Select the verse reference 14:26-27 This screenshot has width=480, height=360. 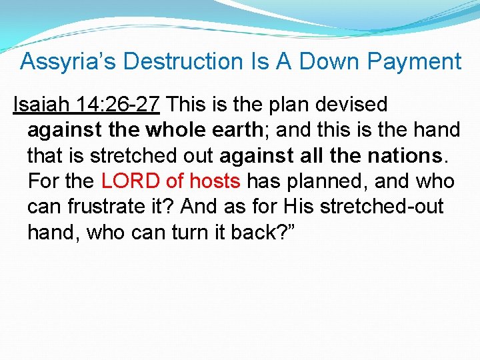(117, 105)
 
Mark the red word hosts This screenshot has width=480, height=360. (216, 181)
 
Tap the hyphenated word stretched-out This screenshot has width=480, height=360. (381, 207)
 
